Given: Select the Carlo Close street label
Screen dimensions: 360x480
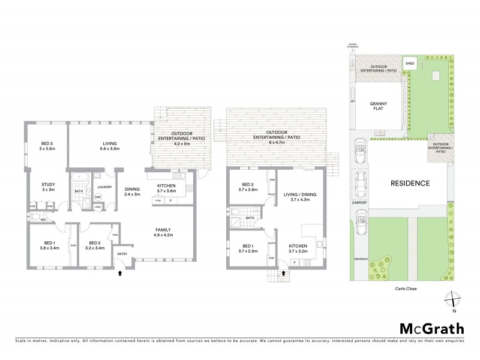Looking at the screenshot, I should [x=405, y=288].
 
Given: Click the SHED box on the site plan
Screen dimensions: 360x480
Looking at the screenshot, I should [x=410, y=63].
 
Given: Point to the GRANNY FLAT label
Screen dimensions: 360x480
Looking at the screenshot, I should [x=378, y=106].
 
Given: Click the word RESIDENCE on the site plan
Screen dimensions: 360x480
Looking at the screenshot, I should [x=410, y=183].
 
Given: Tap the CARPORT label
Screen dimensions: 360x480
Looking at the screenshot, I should [x=359, y=203].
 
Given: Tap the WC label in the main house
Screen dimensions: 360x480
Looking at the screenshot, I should [x=43, y=220].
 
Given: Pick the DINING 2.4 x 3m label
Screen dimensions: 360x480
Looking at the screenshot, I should [x=131, y=191].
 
